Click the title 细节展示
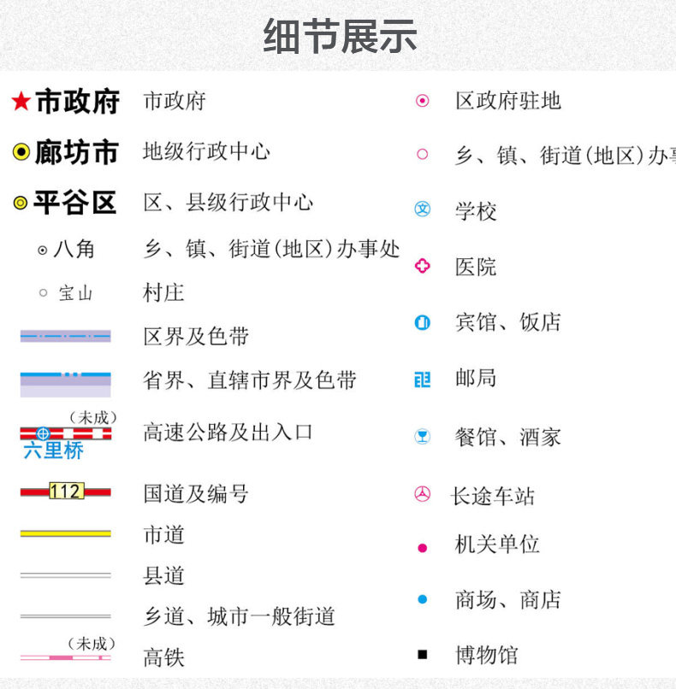click(x=340, y=37)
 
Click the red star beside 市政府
click(x=21, y=103)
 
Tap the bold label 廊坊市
click(x=76, y=153)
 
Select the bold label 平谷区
click(x=74, y=203)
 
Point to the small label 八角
click(x=74, y=250)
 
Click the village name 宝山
click(x=75, y=293)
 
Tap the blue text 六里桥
click(x=53, y=450)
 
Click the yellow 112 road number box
click(x=66, y=492)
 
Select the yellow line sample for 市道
click(x=66, y=533)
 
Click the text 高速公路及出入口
click(x=228, y=433)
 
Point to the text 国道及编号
click(x=196, y=493)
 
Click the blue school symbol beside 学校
click(x=423, y=209)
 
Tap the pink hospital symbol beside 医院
click(x=423, y=266)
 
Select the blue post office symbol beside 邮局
click(x=423, y=379)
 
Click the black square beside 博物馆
click(x=423, y=655)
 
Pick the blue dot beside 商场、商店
click(x=423, y=599)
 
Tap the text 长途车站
click(x=492, y=496)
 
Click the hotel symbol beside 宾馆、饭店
click(x=423, y=323)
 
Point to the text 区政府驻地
click(x=507, y=101)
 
